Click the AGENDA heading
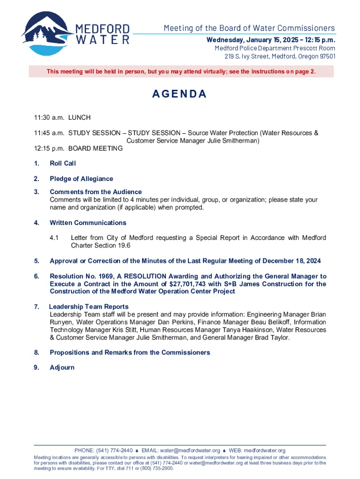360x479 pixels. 180,94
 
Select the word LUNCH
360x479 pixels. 79,117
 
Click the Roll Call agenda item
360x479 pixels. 63,163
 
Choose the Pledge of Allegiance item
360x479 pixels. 81,179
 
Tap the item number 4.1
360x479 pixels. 55,238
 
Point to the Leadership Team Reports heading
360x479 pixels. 89,307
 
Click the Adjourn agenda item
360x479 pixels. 62,367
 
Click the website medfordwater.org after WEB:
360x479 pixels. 265,450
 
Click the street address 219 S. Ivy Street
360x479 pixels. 248,57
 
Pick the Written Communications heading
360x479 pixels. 88,223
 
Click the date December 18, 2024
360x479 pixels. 291,261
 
